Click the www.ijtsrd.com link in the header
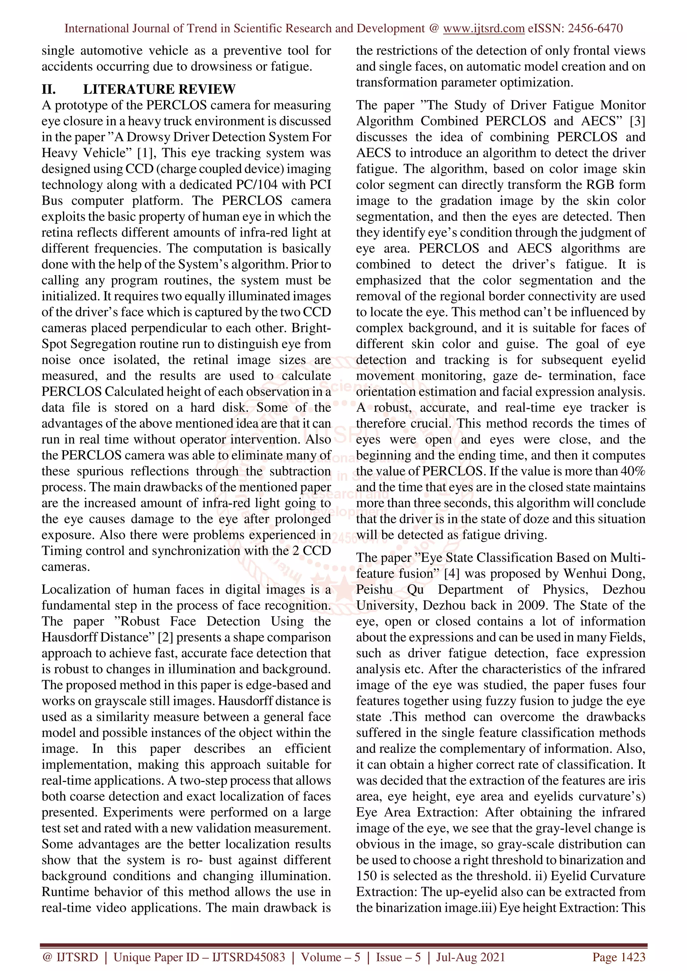coord(483,28)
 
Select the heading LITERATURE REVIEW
coord(159,89)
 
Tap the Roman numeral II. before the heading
coord(49,89)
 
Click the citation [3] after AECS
coord(637,121)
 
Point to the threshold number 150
coord(367,876)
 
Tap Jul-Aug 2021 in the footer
coord(470,957)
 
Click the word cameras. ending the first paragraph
coord(66,567)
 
